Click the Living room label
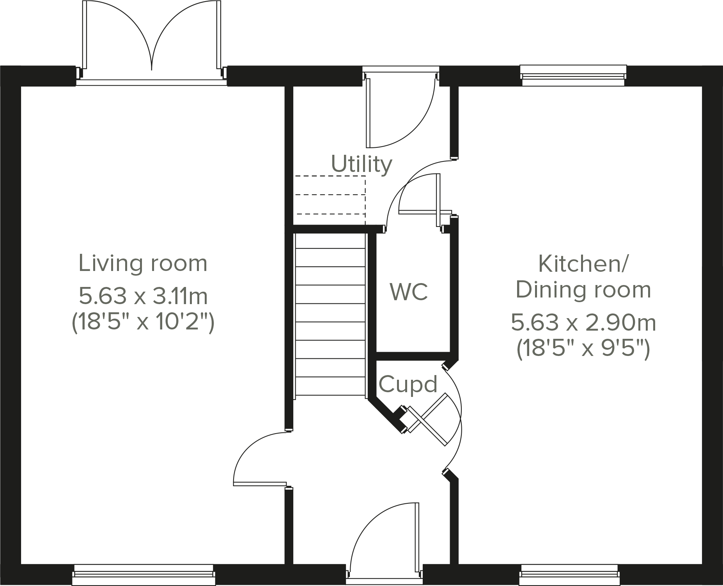click(x=143, y=264)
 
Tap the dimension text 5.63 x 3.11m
click(x=143, y=296)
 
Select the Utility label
click(x=361, y=164)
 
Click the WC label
click(x=409, y=292)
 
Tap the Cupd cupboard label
click(x=408, y=384)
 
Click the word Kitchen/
click(x=583, y=264)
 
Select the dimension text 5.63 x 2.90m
click(x=583, y=323)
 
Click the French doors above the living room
click(x=151, y=43)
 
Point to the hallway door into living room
click(x=259, y=460)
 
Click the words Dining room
click(x=583, y=290)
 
